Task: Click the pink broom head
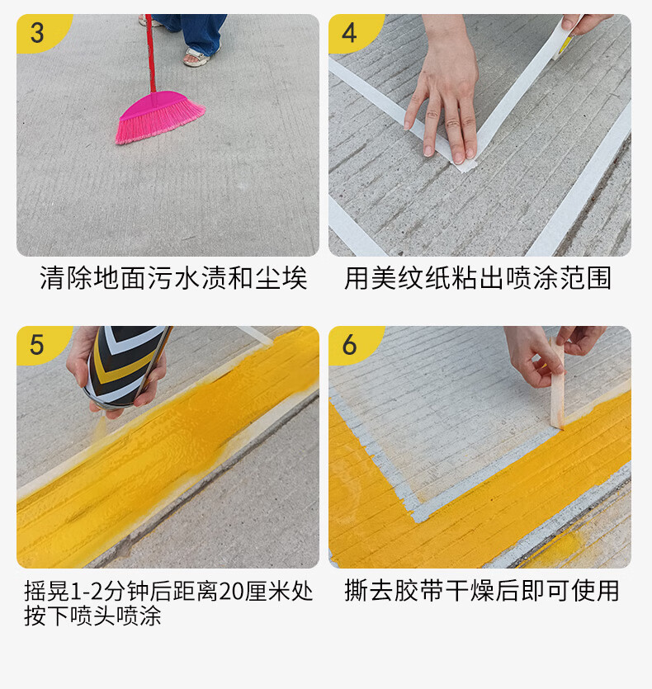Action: pyautogui.click(x=159, y=116)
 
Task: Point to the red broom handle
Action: pyautogui.click(x=150, y=53)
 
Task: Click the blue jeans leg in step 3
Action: pyautogui.click(x=200, y=31)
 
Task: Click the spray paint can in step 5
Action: pyautogui.click(x=125, y=365)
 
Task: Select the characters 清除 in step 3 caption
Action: pyautogui.click(x=66, y=278)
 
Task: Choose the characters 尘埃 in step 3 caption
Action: pyautogui.click(x=281, y=278)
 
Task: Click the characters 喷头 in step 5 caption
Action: pyautogui.click(x=93, y=616)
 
